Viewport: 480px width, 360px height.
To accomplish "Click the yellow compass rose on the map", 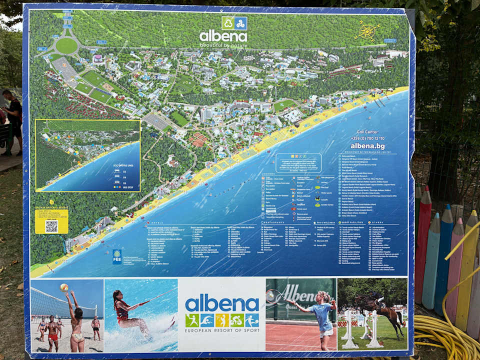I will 367,31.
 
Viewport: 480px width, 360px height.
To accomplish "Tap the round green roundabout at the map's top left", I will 66,46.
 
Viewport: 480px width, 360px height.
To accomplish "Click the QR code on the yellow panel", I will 51,226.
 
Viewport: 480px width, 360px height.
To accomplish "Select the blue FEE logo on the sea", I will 117,256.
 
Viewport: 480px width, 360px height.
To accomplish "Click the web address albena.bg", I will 367,145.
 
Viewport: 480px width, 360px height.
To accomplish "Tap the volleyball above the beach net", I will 64,287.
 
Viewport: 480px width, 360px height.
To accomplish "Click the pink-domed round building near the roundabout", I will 98,58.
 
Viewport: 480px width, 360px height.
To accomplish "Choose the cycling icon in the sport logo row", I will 222,320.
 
